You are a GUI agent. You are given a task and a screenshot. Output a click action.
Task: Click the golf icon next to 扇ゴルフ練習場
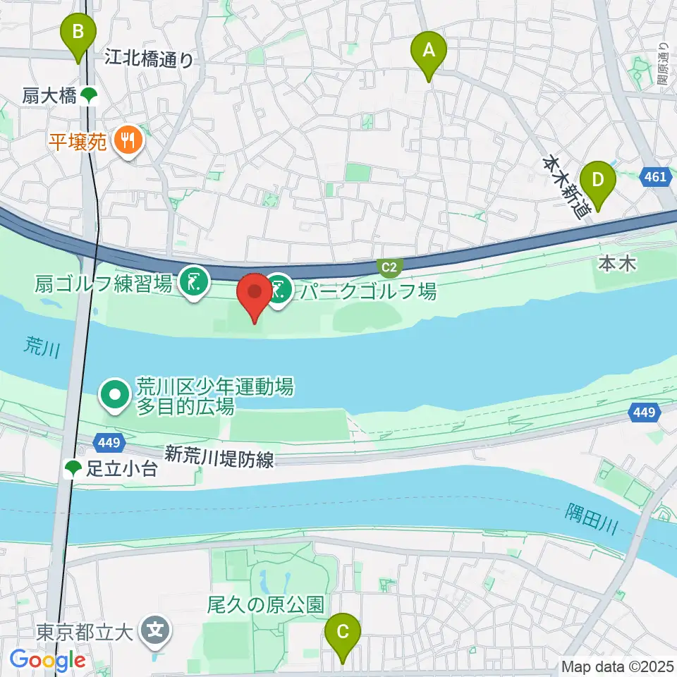pos(193,283)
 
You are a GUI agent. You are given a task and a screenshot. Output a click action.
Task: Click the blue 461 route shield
pos(655,178)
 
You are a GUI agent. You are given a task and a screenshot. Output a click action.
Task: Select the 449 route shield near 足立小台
pos(111,443)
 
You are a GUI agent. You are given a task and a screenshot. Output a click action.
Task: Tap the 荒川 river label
pos(33,346)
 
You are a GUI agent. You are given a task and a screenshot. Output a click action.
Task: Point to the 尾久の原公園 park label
pos(265,604)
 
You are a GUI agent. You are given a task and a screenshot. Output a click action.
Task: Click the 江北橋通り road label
pos(149,58)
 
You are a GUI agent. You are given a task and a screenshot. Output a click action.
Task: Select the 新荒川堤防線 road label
pos(219,456)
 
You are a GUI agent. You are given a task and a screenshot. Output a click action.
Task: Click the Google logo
pos(48,661)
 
